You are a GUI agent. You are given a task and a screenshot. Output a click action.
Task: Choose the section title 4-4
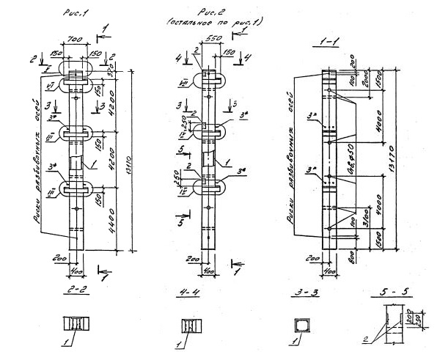click(191, 293)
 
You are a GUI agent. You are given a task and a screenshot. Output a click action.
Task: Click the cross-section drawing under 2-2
click(77, 325)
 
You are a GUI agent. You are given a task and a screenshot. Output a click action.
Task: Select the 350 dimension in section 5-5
click(428, 322)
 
